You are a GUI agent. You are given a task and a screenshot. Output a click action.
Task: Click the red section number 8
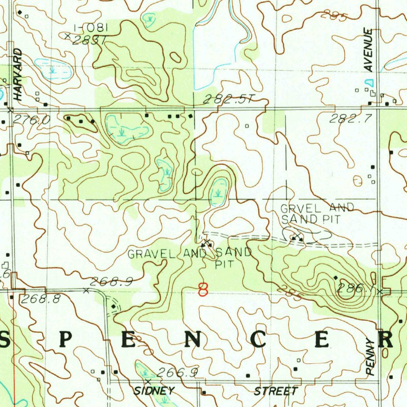[x=203, y=289]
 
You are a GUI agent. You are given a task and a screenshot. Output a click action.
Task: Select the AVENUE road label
[x=369, y=50]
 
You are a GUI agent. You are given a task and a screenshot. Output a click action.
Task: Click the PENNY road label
[x=370, y=357]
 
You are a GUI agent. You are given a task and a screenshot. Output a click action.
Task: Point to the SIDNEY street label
[x=154, y=391]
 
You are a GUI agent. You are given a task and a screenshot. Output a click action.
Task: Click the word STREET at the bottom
[x=276, y=391]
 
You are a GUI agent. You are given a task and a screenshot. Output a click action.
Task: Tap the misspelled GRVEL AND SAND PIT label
[x=317, y=213]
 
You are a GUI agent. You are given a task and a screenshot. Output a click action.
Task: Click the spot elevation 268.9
[x=111, y=282]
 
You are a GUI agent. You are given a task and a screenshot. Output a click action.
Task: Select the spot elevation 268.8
[x=41, y=299]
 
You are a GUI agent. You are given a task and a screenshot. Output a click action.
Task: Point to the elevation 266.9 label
[x=177, y=372]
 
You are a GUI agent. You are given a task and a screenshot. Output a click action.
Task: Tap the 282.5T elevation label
[x=227, y=100]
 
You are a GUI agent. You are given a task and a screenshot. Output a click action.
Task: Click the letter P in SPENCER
[x=66, y=340]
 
